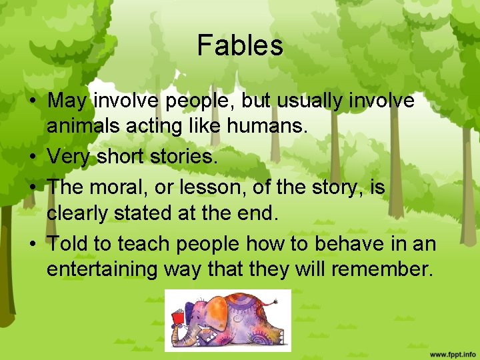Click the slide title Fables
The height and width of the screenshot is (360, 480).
point(240,46)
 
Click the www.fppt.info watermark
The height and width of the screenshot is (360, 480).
point(453,353)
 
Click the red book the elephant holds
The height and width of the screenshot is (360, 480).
point(177,319)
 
